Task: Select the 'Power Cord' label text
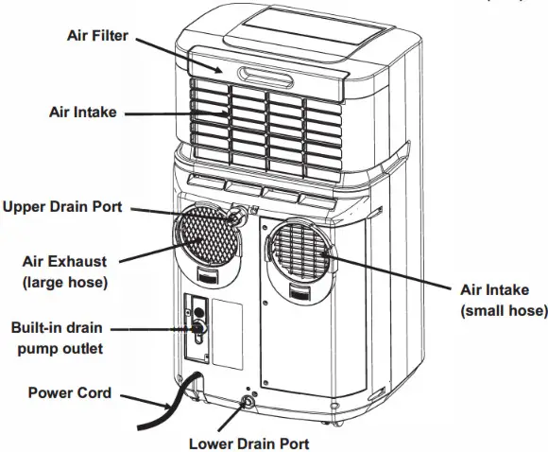click(70, 392)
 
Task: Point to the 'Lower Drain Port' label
click(248, 442)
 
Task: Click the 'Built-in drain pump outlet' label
click(57, 338)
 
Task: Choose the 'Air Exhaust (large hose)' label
click(65, 271)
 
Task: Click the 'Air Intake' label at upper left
click(82, 112)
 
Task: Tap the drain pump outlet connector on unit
click(197, 328)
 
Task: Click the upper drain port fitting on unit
click(235, 217)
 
